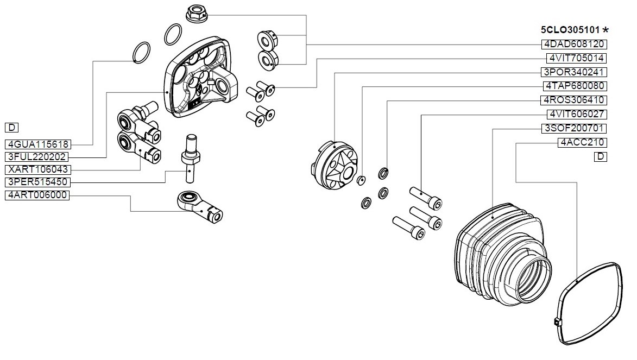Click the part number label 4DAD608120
click(574, 44)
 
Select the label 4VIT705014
click(577, 58)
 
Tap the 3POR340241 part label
click(574, 72)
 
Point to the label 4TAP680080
click(575, 86)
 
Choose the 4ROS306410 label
click(574, 100)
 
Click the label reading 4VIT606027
click(577, 114)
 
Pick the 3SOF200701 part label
click(574, 128)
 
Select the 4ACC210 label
click(582, 143)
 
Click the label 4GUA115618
click(38, 144)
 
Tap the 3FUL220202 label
click(36, 157)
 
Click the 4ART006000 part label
click(37, 195)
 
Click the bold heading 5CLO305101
click(570, 30)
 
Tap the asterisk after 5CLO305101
click(606, 29)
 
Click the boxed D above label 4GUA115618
click(11, 128)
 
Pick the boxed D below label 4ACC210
click(601, 157)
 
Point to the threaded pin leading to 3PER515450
click(190, 159)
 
